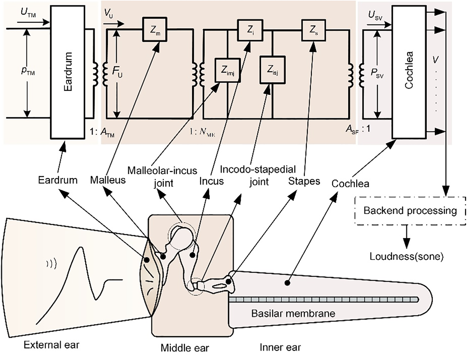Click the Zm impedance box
click(155, 30)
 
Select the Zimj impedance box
click(227, 70)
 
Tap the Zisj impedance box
click(273, 70)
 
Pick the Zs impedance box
click(313, 30)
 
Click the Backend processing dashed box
click(410, 211)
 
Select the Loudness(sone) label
click(406, 256)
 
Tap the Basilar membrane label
click(293, 313)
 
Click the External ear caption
click(52, 345)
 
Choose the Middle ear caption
click(185, 348)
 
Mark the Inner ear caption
click(280, 347)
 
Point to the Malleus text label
click(108, 180)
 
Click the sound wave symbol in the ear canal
click(52, 264)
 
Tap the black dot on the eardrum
click(147, 260)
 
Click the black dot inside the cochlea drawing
click(287, 283)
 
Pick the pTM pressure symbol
click(28, 71)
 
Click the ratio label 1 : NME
click(202, 132)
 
